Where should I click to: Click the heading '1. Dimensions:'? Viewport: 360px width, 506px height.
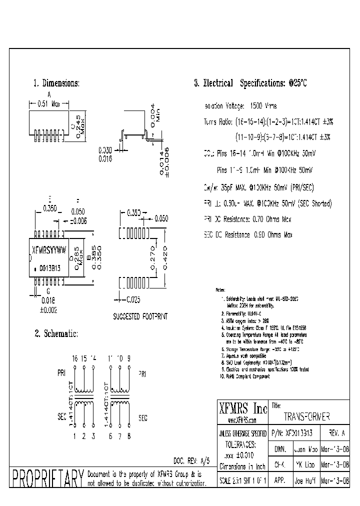56,83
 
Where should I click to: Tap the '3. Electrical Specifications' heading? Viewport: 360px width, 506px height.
250,83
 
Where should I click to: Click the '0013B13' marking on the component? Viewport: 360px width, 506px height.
50,268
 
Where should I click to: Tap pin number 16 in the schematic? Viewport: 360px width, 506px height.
75,359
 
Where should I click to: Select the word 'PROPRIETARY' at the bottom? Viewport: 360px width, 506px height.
48,478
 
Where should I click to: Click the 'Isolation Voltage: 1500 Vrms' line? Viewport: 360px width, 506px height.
240,106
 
